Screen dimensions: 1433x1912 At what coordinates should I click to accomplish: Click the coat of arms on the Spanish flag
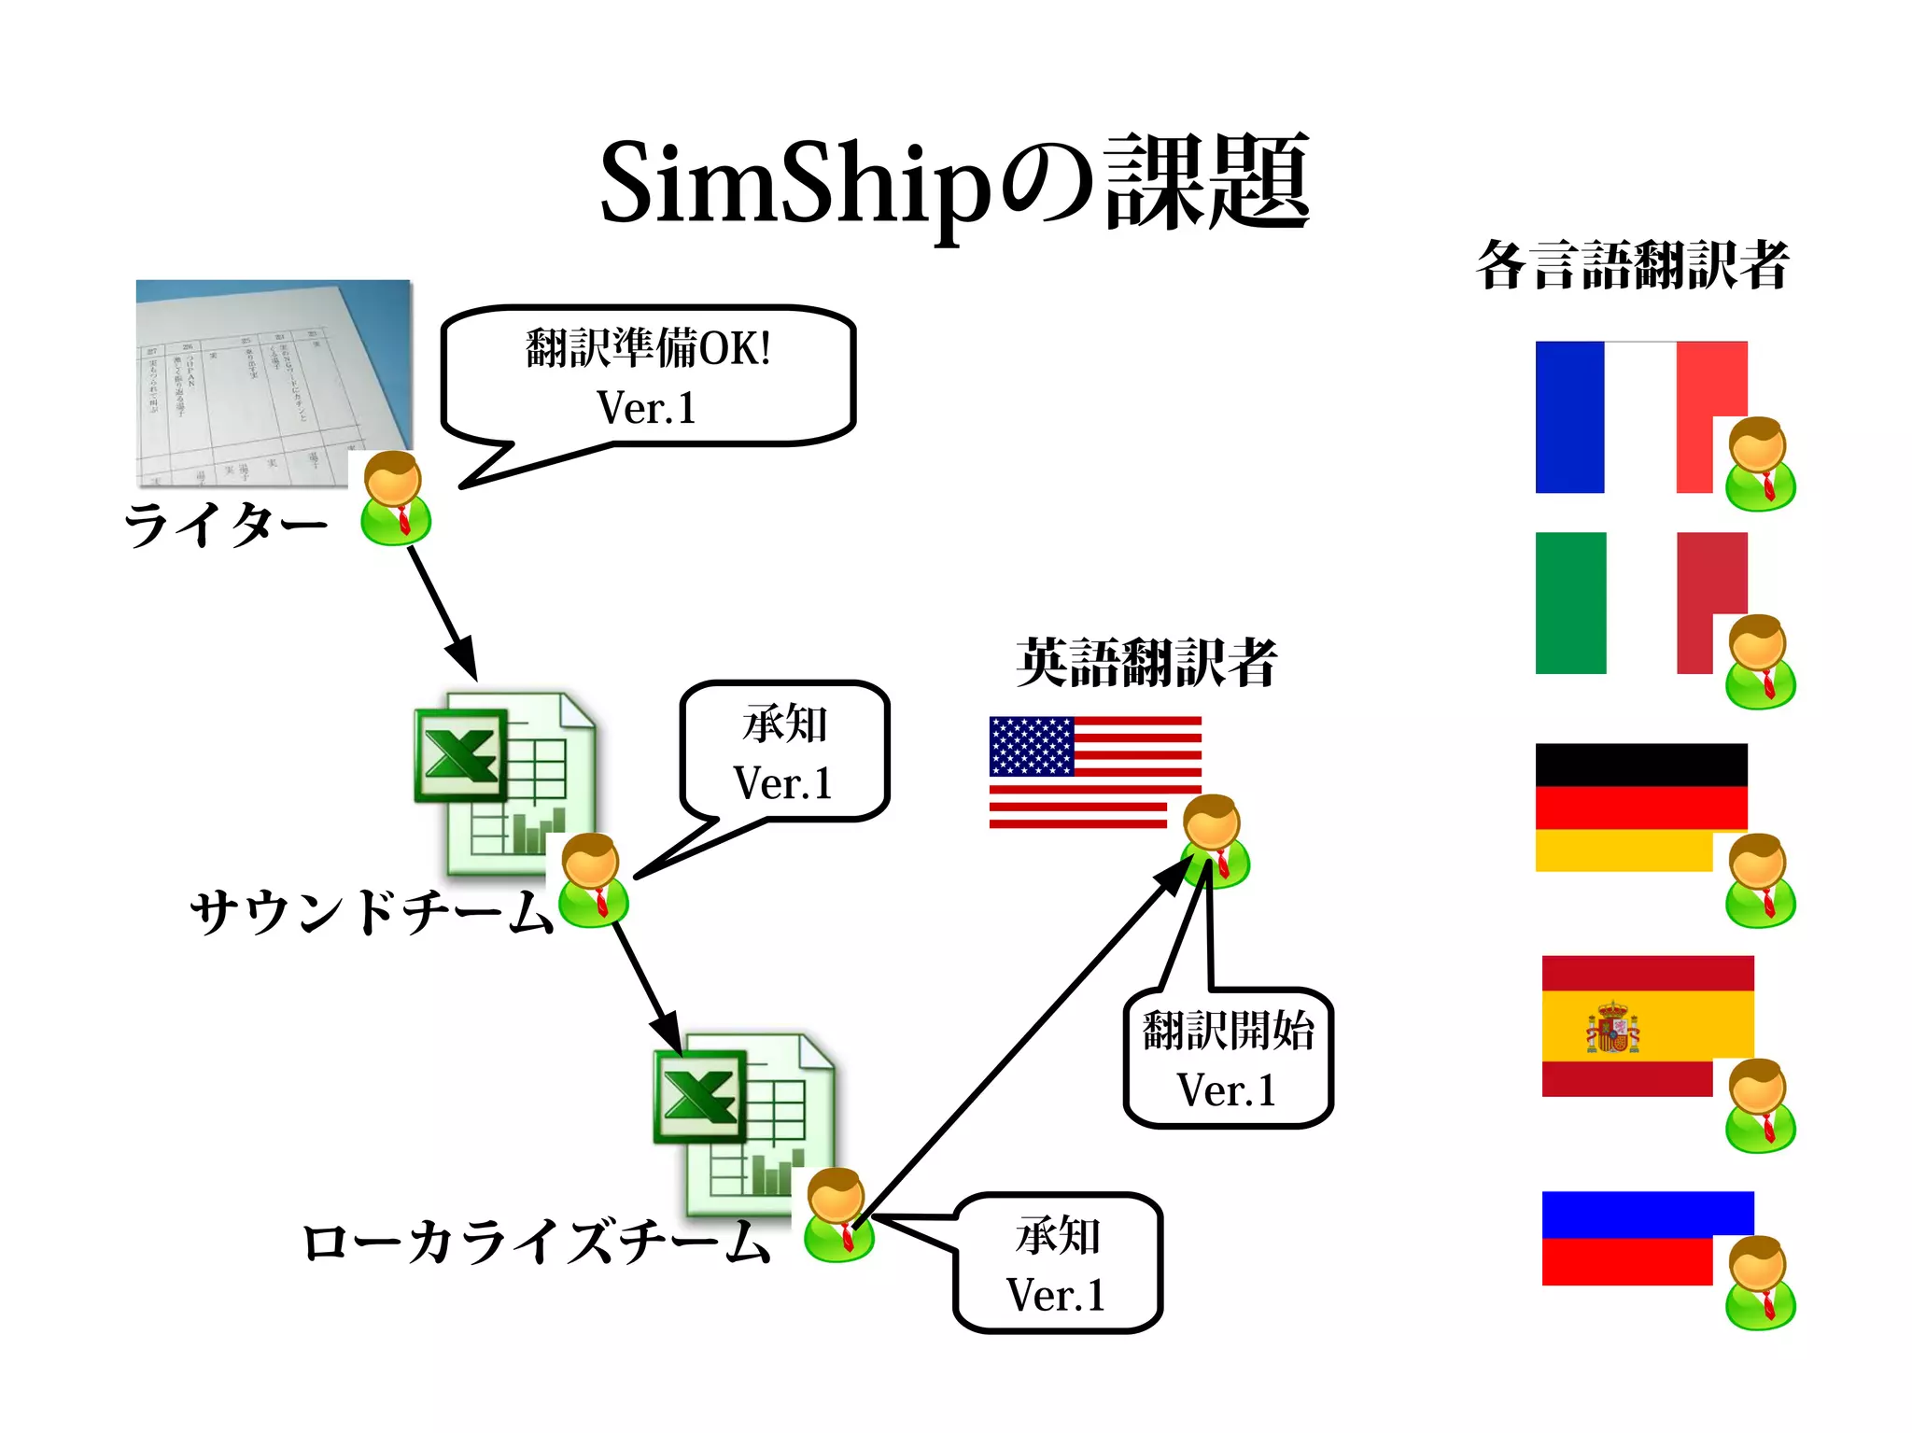point(1612,1028)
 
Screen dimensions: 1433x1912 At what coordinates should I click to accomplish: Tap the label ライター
point(226,524)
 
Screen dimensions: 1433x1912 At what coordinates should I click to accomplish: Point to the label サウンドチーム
point(372,910)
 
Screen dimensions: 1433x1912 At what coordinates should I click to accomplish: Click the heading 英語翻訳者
point(1146,662)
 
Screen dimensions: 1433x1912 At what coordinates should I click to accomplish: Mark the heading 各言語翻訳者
point(1632,265)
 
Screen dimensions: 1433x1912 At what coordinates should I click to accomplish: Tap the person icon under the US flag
point(1215,841)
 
